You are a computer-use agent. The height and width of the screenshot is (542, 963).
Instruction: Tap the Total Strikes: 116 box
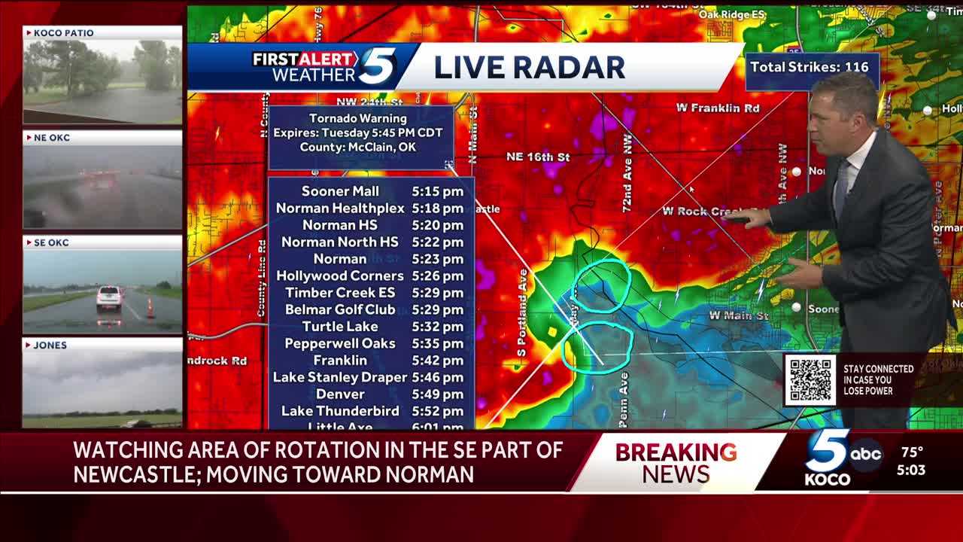click(810, 67)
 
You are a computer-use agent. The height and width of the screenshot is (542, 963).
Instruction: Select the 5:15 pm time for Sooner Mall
click(437, 191)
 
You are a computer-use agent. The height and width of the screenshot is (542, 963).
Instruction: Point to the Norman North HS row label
click(340, 242)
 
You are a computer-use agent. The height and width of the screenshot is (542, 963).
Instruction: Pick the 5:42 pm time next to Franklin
click(437, 360)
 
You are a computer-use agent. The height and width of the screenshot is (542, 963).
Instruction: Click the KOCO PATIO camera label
click(64, 33)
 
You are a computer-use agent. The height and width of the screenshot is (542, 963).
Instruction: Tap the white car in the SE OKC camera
click(109, 298)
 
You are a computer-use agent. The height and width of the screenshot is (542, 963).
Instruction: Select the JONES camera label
click(50, 346)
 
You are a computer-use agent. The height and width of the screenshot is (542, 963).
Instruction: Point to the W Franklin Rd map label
click(717, 108)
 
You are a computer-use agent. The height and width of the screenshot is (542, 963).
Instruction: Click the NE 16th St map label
click(538, 157)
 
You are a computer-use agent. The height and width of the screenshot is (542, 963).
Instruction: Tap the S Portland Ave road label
click(522, 312)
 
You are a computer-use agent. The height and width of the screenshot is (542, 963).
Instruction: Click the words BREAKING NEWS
click(676, 462)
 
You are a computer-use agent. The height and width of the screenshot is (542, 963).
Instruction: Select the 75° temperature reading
click(912, 452)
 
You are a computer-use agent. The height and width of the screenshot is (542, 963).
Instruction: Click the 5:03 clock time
click(911, 470)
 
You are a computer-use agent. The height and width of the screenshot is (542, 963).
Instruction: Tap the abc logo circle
click(866, 455)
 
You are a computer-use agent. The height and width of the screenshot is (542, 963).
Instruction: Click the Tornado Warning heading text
click(358, 118)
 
